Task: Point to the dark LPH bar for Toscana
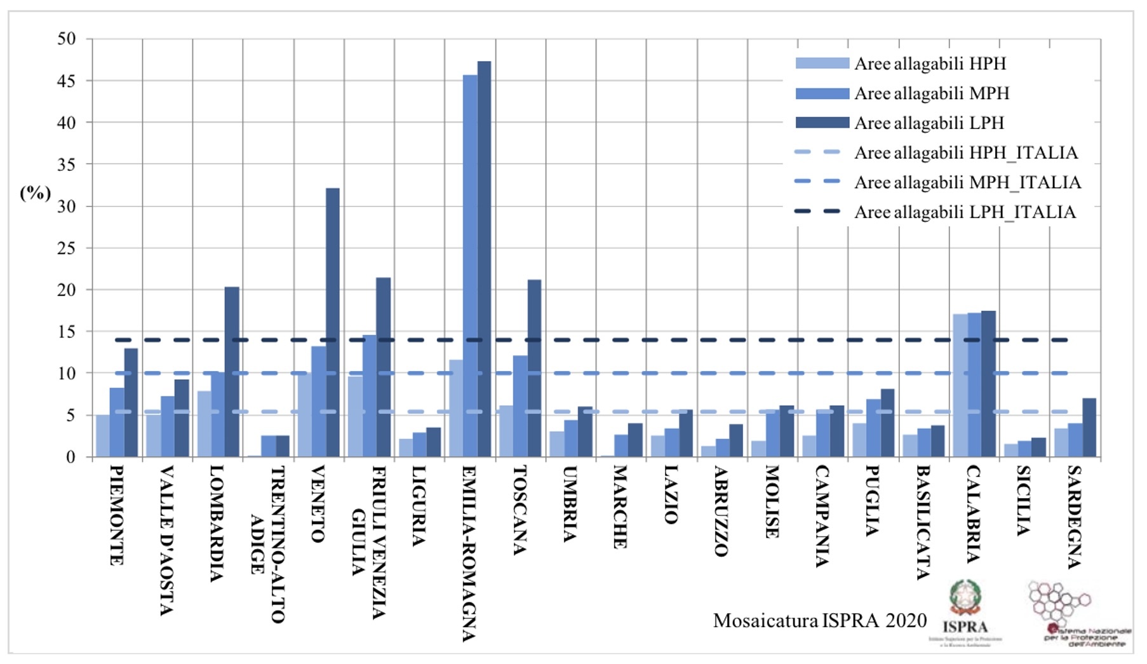point(534,368)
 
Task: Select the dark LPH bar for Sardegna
point(1089,427)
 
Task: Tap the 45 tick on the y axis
point(66,81)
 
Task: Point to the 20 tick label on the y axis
point(66,290)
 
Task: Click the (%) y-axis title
point(36,193)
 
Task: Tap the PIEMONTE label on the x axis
point(116,515)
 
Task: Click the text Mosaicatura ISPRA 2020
point(819,620)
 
